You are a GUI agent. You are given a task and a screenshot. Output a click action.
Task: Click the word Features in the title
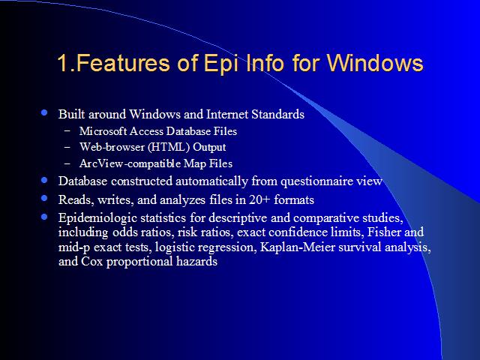(x=123, y=63)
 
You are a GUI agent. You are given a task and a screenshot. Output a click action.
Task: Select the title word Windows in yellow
(x=375, y=63)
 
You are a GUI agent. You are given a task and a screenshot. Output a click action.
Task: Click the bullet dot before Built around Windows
(x=44, y=112)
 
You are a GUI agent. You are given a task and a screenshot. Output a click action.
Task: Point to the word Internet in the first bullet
(x=227, y=114)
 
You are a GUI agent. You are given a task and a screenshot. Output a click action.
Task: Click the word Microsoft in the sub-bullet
(x=103, y=131)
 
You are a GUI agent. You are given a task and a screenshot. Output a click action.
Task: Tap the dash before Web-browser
(x=67, y=147)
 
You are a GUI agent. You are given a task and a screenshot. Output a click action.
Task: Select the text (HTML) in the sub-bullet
(x=169, y=147)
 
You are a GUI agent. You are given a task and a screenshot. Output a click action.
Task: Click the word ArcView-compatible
(x=130, y=163)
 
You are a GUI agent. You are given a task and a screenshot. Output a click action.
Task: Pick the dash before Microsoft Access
(x=67, y=130)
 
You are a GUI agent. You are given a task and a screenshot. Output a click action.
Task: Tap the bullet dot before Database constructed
(x=44, y=180)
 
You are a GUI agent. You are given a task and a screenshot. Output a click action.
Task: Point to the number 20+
(x=259, y=199)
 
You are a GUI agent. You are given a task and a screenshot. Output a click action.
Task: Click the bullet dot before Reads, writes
(x=44, y=198)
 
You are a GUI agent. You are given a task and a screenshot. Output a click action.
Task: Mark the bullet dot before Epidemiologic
(x=44, y=217)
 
